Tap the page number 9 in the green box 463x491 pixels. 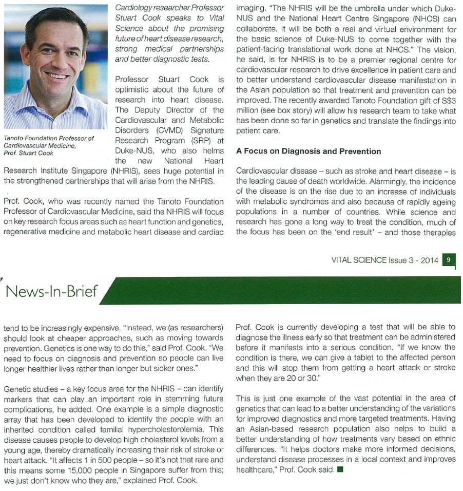pos(448,260)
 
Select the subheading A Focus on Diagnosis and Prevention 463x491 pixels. pos(308,152)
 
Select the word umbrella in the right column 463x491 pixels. pos(353,9)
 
